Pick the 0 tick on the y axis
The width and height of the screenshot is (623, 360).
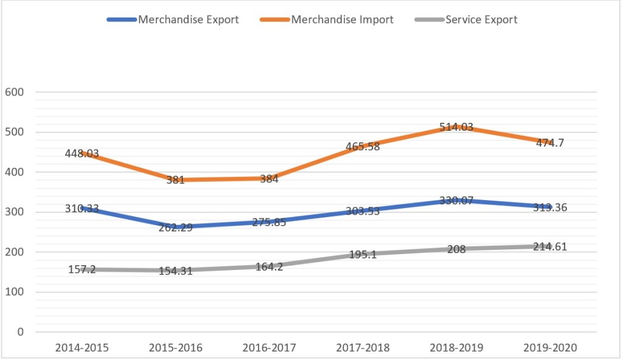tap(20, 332)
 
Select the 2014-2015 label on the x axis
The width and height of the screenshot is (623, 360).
tap(82, 348)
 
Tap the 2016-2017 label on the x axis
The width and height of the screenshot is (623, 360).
tap(269, 348)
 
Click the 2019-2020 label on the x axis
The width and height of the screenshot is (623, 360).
tap(550, 348)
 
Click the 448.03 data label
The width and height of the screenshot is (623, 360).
tap(82, 154)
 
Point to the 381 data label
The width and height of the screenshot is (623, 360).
tap(175, 180)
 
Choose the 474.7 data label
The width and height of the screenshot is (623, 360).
tap(550, 143)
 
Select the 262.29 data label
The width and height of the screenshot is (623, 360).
tap(175, 227)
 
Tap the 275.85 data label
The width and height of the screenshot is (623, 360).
tap(269, 222)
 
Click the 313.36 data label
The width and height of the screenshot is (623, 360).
tap(550, 207)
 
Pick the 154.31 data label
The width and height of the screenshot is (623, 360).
tap(175, 271)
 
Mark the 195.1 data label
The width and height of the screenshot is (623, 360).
tap(363, 255)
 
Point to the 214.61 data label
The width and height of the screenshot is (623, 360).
tap(550, 246)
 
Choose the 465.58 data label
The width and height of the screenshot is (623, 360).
tap(363, 147)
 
